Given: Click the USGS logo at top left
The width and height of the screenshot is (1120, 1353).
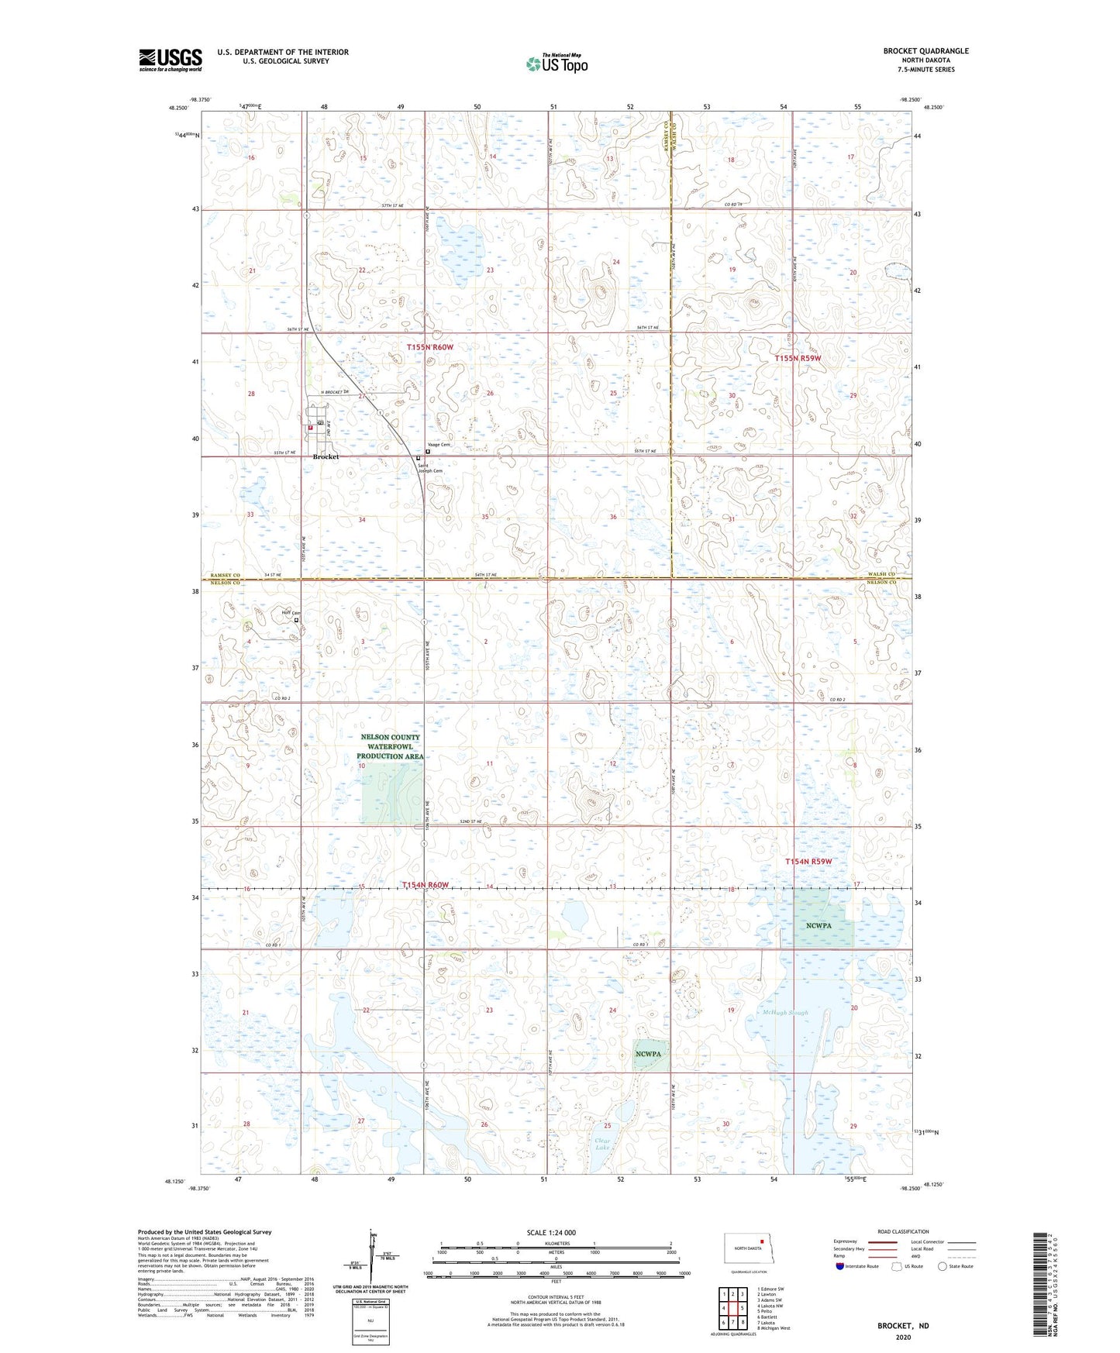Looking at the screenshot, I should (x=170, y=60).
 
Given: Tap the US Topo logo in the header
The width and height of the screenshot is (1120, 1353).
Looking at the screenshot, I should (x=557, y=64).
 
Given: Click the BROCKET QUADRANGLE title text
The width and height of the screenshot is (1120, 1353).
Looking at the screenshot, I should (x=925, y=51).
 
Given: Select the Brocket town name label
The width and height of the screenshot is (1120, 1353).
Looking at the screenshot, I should (x=326, y=457).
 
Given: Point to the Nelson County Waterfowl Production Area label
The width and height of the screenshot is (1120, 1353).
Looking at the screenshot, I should (x=390, y=747).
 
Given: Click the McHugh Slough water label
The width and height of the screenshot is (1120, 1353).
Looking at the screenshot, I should (x=785, y=1013).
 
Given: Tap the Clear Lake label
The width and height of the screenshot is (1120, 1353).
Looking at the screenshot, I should (x=601, y=1144).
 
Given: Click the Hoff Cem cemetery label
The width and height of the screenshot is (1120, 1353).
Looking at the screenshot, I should (x=290, y=613).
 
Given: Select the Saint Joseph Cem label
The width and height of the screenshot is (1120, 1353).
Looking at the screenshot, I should (x=430, y=468).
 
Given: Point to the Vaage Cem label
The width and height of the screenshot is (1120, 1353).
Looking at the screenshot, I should (x=439, y=445).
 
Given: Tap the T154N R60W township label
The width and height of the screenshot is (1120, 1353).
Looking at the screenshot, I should (x=425, y=885).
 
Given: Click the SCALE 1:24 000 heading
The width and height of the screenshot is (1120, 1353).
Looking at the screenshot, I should (x=551, y=1232).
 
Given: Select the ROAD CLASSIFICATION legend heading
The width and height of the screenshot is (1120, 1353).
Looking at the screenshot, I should (x=903, y=1231).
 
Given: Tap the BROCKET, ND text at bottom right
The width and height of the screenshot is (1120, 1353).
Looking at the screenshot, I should (x=902, y=1326).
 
